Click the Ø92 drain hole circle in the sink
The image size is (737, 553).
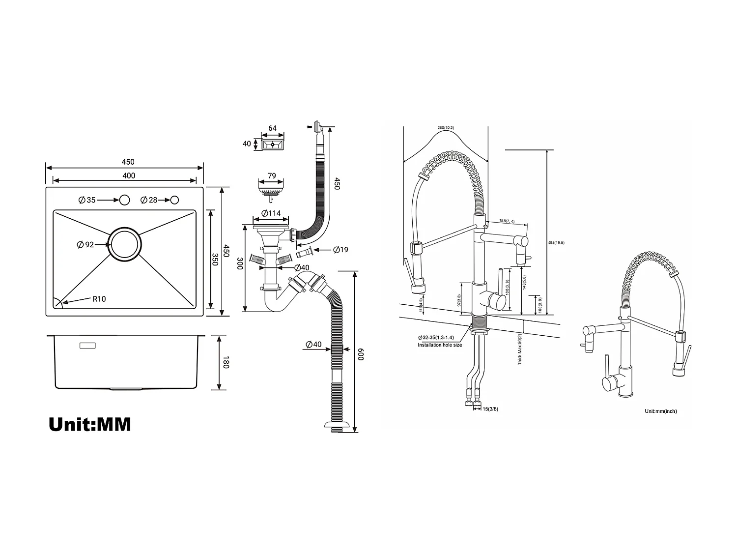click(x=125, y=244)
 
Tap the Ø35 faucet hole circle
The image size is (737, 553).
click(x=124, y=200)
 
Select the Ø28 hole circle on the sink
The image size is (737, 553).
click(x=174, y=200)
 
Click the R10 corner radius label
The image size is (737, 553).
click(x=99, y=299)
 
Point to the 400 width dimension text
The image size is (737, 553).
click(x=129, y=175)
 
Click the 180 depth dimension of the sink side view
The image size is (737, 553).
click(x=226, y=363)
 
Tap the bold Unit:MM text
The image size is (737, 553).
click(x=90, y=424)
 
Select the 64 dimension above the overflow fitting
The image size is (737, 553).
click(x=272, y=128)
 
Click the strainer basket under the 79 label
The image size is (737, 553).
click(x=271, y=189)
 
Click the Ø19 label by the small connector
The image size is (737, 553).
click(x=340, y=250)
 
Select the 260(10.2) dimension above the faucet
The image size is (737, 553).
click(x=445, y=128)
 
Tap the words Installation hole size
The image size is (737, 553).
click(x=440, y=345)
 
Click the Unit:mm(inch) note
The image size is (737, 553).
click(x=660, y=411)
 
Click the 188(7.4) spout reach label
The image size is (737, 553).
click(x=507, y=222)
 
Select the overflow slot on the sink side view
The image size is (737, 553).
click(x=88, y=346)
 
